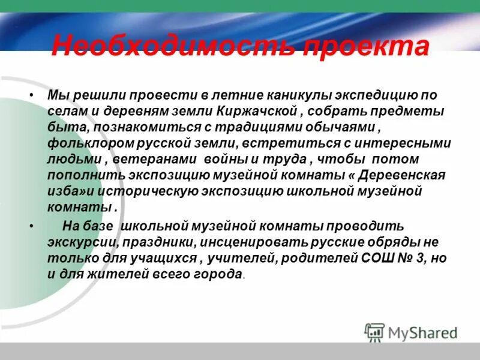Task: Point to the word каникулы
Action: (272, 96)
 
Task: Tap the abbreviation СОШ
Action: (374, 259)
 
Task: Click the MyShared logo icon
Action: (375, 332)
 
